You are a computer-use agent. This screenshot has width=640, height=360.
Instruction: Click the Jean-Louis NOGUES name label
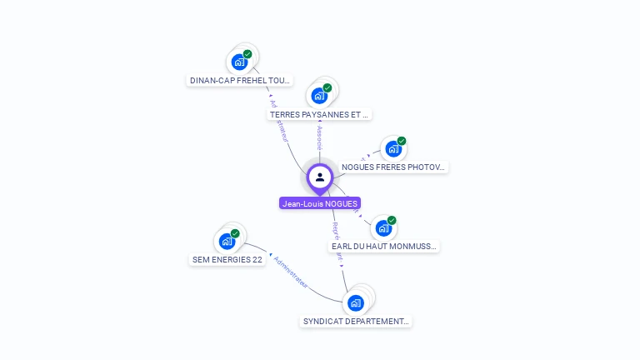pyautogui.click(x=320, y=203)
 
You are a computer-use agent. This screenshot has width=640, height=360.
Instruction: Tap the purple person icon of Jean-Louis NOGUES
pyautogui.click(x=320, y=177)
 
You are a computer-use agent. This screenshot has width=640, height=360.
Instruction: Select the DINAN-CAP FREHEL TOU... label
pyautogui.click(x=239, y=81)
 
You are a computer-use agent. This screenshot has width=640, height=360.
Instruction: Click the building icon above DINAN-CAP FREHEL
pyautogui.click(x=239, y=62)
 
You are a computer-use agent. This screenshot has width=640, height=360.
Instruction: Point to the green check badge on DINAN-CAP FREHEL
pyautogui.click(x=247, y=54)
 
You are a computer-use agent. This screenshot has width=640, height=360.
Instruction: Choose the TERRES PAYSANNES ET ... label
pyautogui.click(x=320, y=114)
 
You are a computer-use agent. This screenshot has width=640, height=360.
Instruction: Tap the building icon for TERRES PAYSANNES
pyautogui.click(x=319, y=95)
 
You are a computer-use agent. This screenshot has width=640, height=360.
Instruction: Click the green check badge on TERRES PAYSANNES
pyautogui.click(x=327, y=87)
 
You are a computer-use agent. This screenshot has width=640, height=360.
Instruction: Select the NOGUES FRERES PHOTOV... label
pyautogui.click(x=393, y=167)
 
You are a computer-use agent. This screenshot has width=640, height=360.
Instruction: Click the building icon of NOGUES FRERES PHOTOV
pyautogui.click(x=392, y=149)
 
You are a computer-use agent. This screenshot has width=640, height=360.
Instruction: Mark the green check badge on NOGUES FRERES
pyautogui.click(x=402, y=141)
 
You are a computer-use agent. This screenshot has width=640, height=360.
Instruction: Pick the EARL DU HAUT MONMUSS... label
pyautogui.click(x=383, y=247)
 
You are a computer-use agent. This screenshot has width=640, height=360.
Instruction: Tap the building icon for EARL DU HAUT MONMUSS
pyautogui.click(x=382, y=227)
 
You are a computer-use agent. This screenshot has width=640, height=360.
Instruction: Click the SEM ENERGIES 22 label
pyautogui.click(x=227, y=260)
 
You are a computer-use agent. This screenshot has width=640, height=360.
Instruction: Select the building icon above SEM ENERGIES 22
pyautogui.click(x=227, y=241)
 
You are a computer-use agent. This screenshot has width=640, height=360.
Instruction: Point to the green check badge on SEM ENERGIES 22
pyautogui.click(x=235, y=233)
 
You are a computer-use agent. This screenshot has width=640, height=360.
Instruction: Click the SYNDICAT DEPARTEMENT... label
pyautogui.click(x=356, y=322)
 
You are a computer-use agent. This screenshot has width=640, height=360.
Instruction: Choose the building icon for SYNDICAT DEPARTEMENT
pyautogui.click(x=356, y=302)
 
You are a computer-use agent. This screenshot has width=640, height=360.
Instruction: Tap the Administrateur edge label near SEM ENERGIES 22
pyautogui.click(x=291, y=272)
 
